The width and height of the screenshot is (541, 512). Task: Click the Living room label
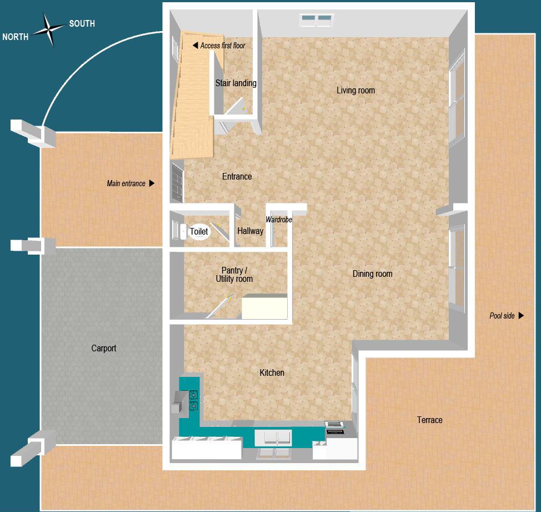(x=355, y=90)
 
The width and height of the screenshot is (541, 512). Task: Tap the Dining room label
(x=372, y=274)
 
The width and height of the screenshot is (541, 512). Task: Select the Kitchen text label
(x=272, y=372)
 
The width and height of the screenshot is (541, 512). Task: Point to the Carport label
(x=104, y=349)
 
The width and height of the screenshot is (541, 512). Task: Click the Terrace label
(x=429, y=420)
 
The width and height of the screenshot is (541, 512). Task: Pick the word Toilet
(x=199, y=231)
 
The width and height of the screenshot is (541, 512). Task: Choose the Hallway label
(x=250, y=231)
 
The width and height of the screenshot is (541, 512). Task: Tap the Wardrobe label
(x=278, y=220)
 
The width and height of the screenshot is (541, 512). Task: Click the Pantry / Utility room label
(x=234, y=275)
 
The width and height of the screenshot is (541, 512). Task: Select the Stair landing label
(x=236, y=83)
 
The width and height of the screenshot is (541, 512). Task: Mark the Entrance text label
(x=237, y=176)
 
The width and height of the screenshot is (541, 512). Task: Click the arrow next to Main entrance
(x=152, y=183)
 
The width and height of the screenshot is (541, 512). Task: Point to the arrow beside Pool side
(x=521, y=316)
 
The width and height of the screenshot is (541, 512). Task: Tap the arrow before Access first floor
(x=195, y=46)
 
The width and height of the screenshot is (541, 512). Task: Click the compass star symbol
(x=48, y=29)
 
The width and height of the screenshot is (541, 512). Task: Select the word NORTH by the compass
(x=16, y=38)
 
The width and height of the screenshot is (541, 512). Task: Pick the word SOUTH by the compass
(x=82, y=24)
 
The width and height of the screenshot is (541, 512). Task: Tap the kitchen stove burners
(x=193, y=400)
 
